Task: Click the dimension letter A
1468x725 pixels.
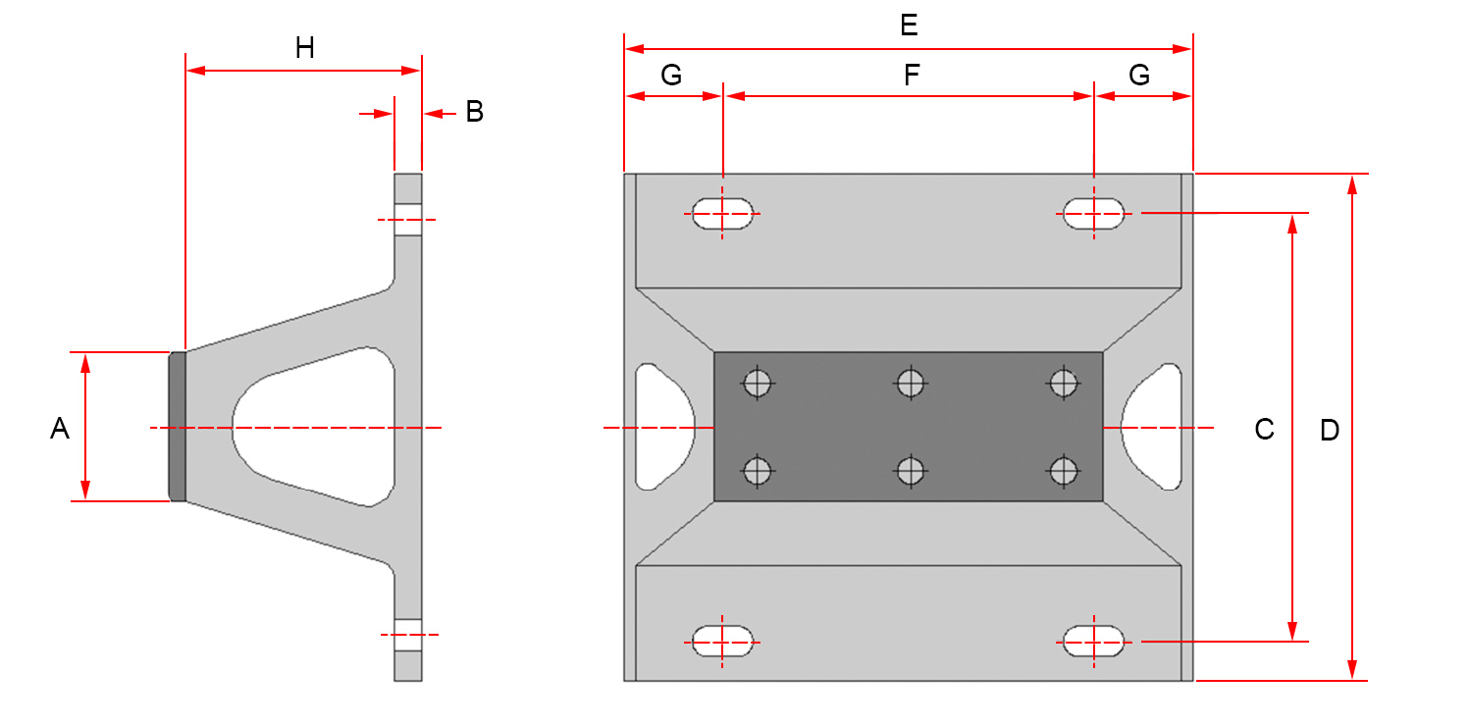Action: (x=60, y=429)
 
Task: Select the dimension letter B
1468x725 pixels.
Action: (x=474, y=112)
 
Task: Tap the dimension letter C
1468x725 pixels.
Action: (x=1264, y=429)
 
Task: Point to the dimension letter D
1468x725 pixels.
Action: (x=1329, y=430)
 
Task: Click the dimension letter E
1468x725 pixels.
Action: (x=909, y=26)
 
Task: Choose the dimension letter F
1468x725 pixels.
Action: (x=912, y=76)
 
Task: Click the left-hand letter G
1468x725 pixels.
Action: (x=671, y=76)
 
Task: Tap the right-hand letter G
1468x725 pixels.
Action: (x=1139, y=76)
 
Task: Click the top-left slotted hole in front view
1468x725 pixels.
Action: (x=723, y=213)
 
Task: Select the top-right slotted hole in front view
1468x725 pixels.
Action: (x=1094, y=213)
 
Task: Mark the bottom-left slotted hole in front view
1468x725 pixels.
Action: (x=723, y=642)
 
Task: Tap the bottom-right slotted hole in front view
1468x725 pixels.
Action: (x=1094, y=642)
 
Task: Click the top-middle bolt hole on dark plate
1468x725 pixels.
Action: (x=911, y=382)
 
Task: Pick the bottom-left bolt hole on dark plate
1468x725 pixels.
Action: (x=757, y=472)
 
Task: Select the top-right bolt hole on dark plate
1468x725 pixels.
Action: (x=1064, y=382)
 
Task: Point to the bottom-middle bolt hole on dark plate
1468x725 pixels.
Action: (x=911, y=472)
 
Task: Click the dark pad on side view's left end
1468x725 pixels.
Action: (x=177, y=427)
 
